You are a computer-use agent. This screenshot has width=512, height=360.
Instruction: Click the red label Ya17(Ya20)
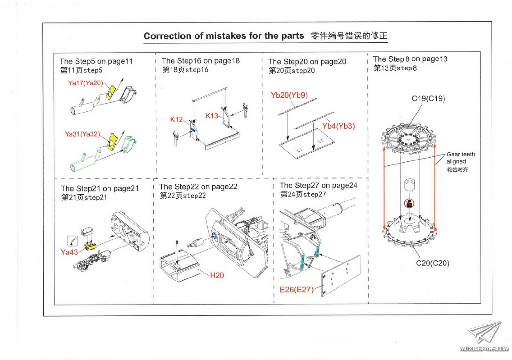click(x=85, y=83)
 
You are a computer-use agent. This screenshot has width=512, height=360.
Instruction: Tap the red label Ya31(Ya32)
click(x=82, y=134)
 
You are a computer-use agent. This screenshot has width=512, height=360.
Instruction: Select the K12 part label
click(x=176, y=120)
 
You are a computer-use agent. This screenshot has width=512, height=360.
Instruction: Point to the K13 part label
click(x=212, y=116)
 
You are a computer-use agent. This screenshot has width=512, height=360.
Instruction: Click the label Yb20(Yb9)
click(x=289, y=95)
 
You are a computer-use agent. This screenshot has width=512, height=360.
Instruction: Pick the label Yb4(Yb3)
click(x=338, y=126)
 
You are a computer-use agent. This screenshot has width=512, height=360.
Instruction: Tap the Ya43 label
click(x=69, y=252)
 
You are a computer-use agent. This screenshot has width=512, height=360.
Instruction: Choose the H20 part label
click(x=217, y=275)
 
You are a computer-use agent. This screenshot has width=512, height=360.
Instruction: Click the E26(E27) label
click(x=297, y=290)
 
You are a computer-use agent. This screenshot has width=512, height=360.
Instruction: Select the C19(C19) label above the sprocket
click(x=428, y=98)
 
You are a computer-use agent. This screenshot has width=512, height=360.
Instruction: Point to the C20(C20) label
click(x=433, y=263)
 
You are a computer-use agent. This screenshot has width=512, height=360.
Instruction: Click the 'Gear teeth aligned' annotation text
click(x=460, y=158)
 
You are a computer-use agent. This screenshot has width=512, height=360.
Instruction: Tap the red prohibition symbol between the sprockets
click(x=409, y=203)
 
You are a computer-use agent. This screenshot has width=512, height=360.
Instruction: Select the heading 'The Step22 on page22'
click(x=198, y=187)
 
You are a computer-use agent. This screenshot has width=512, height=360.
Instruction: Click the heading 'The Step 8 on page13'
click(x=410, y=59)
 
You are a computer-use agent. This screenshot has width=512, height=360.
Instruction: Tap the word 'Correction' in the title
click(x=166, y=36)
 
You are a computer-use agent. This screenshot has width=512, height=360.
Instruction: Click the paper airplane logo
click(x=484, y=333)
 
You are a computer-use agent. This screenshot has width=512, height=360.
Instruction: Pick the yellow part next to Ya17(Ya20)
click(x=111, y=92)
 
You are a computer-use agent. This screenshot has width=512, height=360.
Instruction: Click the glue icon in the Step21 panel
click(x=73, y=240)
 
